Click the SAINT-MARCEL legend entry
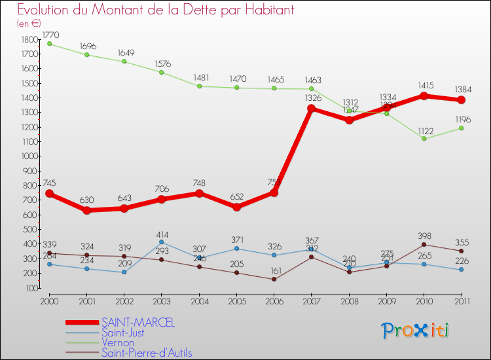[x=138, y=323]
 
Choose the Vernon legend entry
[x=118, y=342]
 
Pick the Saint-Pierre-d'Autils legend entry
[x=147, y=353]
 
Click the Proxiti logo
[x=416, y=331]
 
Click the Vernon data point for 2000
[x=49, y=44]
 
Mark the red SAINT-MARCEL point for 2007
[x=311, y=109]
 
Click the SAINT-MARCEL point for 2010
[x=424, y=96]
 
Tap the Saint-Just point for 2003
[x=162, y=242]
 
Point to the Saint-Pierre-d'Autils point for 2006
[x=274, y=279]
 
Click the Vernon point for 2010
[x=424, y=139]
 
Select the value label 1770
[x=49, y=34]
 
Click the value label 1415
[x=424, y=85]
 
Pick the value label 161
[x=274, y=270]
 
